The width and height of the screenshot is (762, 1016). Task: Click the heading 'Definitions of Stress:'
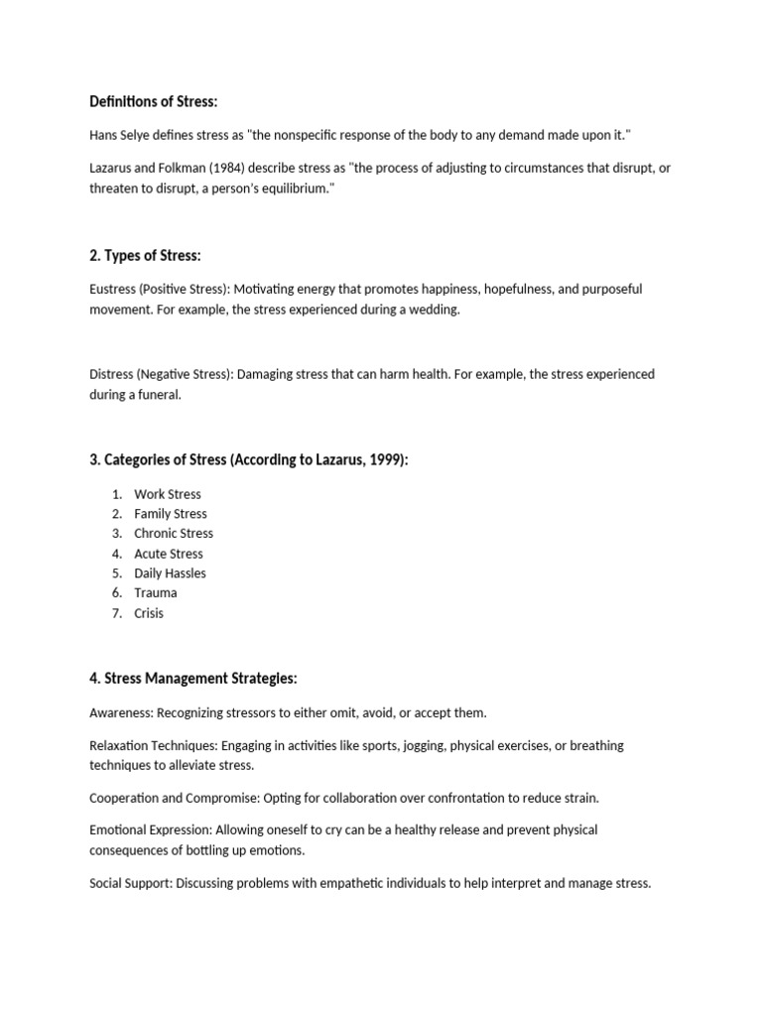click(x=153, y=102)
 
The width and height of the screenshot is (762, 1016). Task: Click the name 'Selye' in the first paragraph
click(x=140, y=135)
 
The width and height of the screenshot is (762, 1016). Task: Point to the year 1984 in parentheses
click(x=222, y=168)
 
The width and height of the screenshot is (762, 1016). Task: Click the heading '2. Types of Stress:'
click(x=145, y=256)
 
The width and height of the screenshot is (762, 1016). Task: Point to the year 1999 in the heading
click(x=384, y=460)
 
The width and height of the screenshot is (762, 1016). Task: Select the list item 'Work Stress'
click(x=168, y=494)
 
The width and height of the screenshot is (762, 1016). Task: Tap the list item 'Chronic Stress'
click(x=174, y=534)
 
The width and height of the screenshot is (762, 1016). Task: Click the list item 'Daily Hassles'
click(x=171, y=573)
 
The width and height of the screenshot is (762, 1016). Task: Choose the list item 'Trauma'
click(x=156, y=593)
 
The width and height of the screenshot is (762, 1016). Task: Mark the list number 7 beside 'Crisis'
click(x=116, y=613)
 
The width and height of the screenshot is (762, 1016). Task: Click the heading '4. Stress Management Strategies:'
click(x=192, y=679)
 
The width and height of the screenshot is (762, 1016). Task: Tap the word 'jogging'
click(x=418, y=745)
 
